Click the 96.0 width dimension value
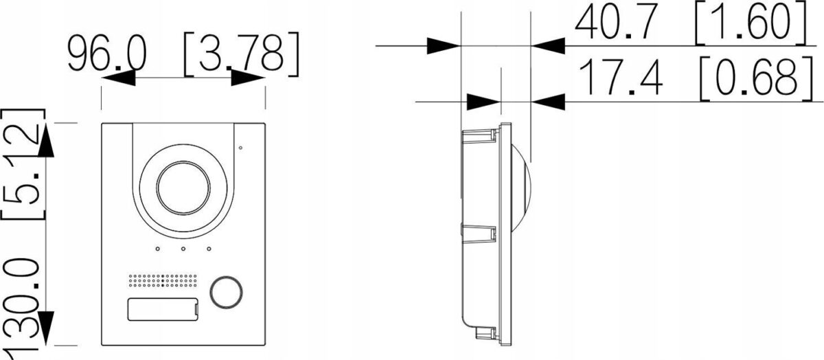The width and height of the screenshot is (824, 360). (x=107, y=54)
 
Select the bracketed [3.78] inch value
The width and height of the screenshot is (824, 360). (x=241, y=54)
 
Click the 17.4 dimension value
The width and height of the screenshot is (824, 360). (x=621, y=78)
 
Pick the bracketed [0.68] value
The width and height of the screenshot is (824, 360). (x=757, y=78)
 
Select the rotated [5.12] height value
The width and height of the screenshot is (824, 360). (x=23, y=164)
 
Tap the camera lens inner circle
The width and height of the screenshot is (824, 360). (x=183, y=188)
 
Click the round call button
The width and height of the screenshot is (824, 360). (x=226, y=292)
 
